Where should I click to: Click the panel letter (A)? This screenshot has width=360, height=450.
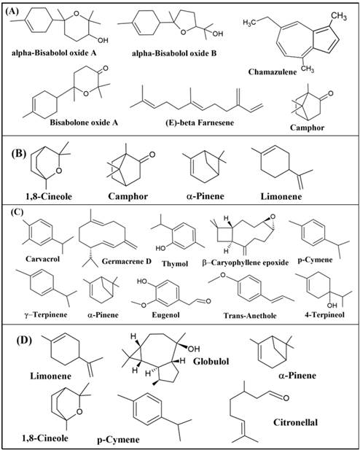pyautogui.click(x=13, y=12)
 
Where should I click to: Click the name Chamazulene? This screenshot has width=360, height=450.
pyautogui.click(x=273, y=71)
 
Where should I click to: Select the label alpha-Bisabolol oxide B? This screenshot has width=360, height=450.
pyautogui.click(x=174, y=53)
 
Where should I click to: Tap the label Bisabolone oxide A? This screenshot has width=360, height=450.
pyautogui.click(x=84, y=123)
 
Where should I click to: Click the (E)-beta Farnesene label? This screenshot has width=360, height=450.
pyautogui.click(x=200, y=123)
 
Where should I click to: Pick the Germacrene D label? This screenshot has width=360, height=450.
pyautogui.click(x=127, y=261)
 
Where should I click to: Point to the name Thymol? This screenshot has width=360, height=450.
pyautogui.click(x=175, y=263)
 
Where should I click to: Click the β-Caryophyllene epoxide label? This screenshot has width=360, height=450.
pyautogui.click(x=246, y=263)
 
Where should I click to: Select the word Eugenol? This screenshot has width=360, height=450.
pyautogui.click(x=166, y=315)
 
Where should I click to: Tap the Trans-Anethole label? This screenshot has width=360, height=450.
pyautogui.click(x=250, y=316)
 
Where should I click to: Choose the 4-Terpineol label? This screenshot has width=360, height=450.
pyautogui.click(x=324, y=314)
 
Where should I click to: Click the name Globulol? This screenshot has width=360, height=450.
pyautogui.click(x=211, y=361)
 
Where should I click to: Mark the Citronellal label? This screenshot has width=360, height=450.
pyautogui.click(x=295, y=422)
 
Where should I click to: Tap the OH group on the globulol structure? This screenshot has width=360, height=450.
pyautogui.click(x=194, y=349)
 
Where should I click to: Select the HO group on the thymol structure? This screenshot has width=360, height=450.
pyautogui.click(x=161, y=247)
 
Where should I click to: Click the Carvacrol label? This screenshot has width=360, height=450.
pyautogui.click(x=43, y=259)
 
